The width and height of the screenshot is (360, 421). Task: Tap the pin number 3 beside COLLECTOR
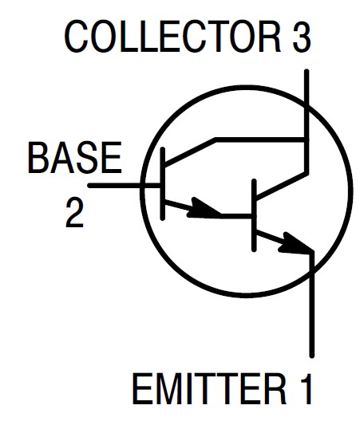(302, 37)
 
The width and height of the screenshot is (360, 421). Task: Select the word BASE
(75, 158)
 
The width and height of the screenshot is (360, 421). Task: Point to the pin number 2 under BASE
(74, 212)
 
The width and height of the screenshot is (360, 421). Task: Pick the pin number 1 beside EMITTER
(305, 389)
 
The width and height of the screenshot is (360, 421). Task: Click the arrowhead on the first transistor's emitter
(204, 209)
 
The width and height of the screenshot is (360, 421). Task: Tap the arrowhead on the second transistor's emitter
(296, 244)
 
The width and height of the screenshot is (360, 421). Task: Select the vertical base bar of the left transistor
(162, 184)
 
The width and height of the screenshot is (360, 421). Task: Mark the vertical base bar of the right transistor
(254, 215)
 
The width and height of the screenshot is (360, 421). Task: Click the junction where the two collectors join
(307, 140)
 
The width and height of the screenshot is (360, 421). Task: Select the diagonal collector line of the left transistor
(190, 151)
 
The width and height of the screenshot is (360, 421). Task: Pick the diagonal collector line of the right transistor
(281, 187)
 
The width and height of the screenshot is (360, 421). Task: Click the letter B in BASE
(38, 158)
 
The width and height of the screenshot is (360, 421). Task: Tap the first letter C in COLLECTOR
(78, 37)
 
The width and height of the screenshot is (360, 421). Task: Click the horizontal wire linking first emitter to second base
(236, 215)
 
